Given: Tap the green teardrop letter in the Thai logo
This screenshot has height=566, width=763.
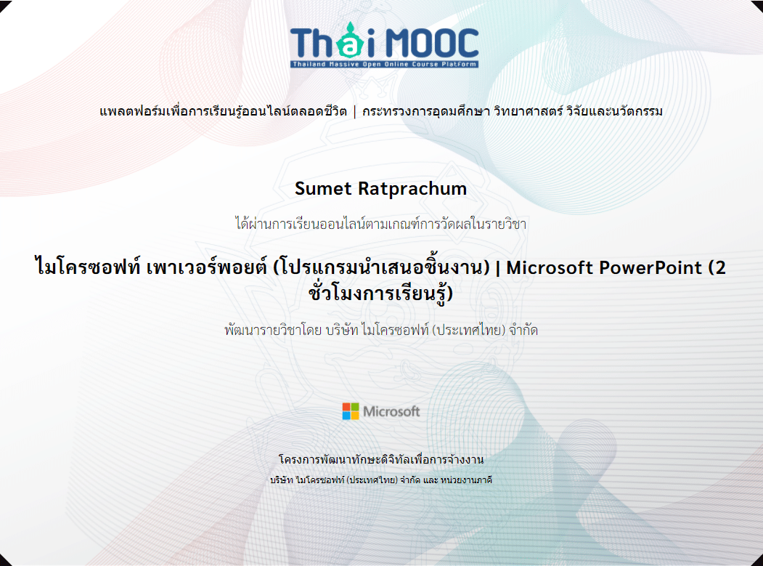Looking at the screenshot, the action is click(x=351, y=40).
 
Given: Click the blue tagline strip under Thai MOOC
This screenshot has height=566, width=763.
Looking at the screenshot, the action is click(x=385, y=64).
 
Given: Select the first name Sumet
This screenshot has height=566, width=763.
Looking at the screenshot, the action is click(x=323, y=188).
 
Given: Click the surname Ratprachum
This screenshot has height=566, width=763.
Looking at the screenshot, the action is click(x=412, y=188).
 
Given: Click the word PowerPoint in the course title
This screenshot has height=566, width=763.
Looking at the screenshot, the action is click(x=650, y=267).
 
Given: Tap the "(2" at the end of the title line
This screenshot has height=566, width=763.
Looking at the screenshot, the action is click(x=717, y=268).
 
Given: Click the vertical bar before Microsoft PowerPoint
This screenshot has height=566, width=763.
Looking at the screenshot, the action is click(x=498, y=268).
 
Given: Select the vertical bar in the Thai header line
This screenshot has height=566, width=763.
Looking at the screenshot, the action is click(x=355, y=112).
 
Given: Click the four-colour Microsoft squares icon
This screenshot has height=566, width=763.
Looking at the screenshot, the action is click(x=351, y=411).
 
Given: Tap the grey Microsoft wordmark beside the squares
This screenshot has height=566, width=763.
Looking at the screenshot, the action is click(x=391, y=411).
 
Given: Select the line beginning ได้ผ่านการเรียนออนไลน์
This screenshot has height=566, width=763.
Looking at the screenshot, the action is click(x=381, y=224).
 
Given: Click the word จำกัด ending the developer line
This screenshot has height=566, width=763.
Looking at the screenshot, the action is click(x=523, y=331).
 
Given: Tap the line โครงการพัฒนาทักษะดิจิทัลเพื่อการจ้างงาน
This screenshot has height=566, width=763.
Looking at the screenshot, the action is click(x=381, y=459).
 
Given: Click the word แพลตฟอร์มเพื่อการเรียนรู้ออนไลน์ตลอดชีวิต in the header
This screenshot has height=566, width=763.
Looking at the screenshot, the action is click(x=224, y=112).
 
